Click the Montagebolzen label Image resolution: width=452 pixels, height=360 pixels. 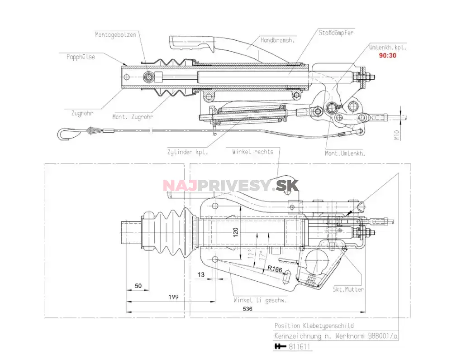(x=115, y=34)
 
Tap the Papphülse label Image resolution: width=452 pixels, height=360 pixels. (x=81, y=57)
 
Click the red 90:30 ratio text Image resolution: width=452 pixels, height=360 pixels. (x=388, y=56)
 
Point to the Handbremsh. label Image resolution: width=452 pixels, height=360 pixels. (x=277, y=40)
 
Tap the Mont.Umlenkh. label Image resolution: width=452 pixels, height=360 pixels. (x=345, y=153)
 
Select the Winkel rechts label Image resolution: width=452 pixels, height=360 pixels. (x=252, y=152)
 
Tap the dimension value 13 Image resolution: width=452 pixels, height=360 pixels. (x=201, y=275)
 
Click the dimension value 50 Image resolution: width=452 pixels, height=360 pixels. (x=139, y=286)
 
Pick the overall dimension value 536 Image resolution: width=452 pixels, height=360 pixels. (x=247, y=308)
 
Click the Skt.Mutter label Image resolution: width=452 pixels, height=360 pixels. (x=348, y=289)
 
